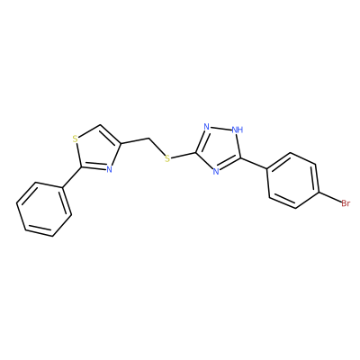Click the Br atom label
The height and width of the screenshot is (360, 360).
[346, 203]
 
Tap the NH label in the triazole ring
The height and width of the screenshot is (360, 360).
[238, 130]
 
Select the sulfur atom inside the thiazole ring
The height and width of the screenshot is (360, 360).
[76, 139]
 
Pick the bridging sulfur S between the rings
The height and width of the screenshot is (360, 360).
[167, 158]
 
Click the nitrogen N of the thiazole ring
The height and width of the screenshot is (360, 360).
[109, 169]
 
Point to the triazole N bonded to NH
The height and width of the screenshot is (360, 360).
[206, 126]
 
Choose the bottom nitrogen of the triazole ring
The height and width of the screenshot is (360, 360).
[216, 171]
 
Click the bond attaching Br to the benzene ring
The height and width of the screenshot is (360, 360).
[329, 198]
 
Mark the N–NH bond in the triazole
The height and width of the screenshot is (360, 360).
[220, 128]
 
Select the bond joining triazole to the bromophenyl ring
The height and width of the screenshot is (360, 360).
[253, 163]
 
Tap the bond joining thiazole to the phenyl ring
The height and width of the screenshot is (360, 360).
[71, 178]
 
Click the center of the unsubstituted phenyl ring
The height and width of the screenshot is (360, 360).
[44, 209]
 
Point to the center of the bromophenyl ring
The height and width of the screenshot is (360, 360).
[292, 181]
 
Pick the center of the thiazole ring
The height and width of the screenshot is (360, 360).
[95, 149]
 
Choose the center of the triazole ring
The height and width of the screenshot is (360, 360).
[219, 148]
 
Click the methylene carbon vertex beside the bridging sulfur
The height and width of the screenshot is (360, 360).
[148, 139]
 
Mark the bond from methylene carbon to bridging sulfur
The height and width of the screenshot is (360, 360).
[157, 147]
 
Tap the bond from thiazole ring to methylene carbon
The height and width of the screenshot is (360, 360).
[135, 141]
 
